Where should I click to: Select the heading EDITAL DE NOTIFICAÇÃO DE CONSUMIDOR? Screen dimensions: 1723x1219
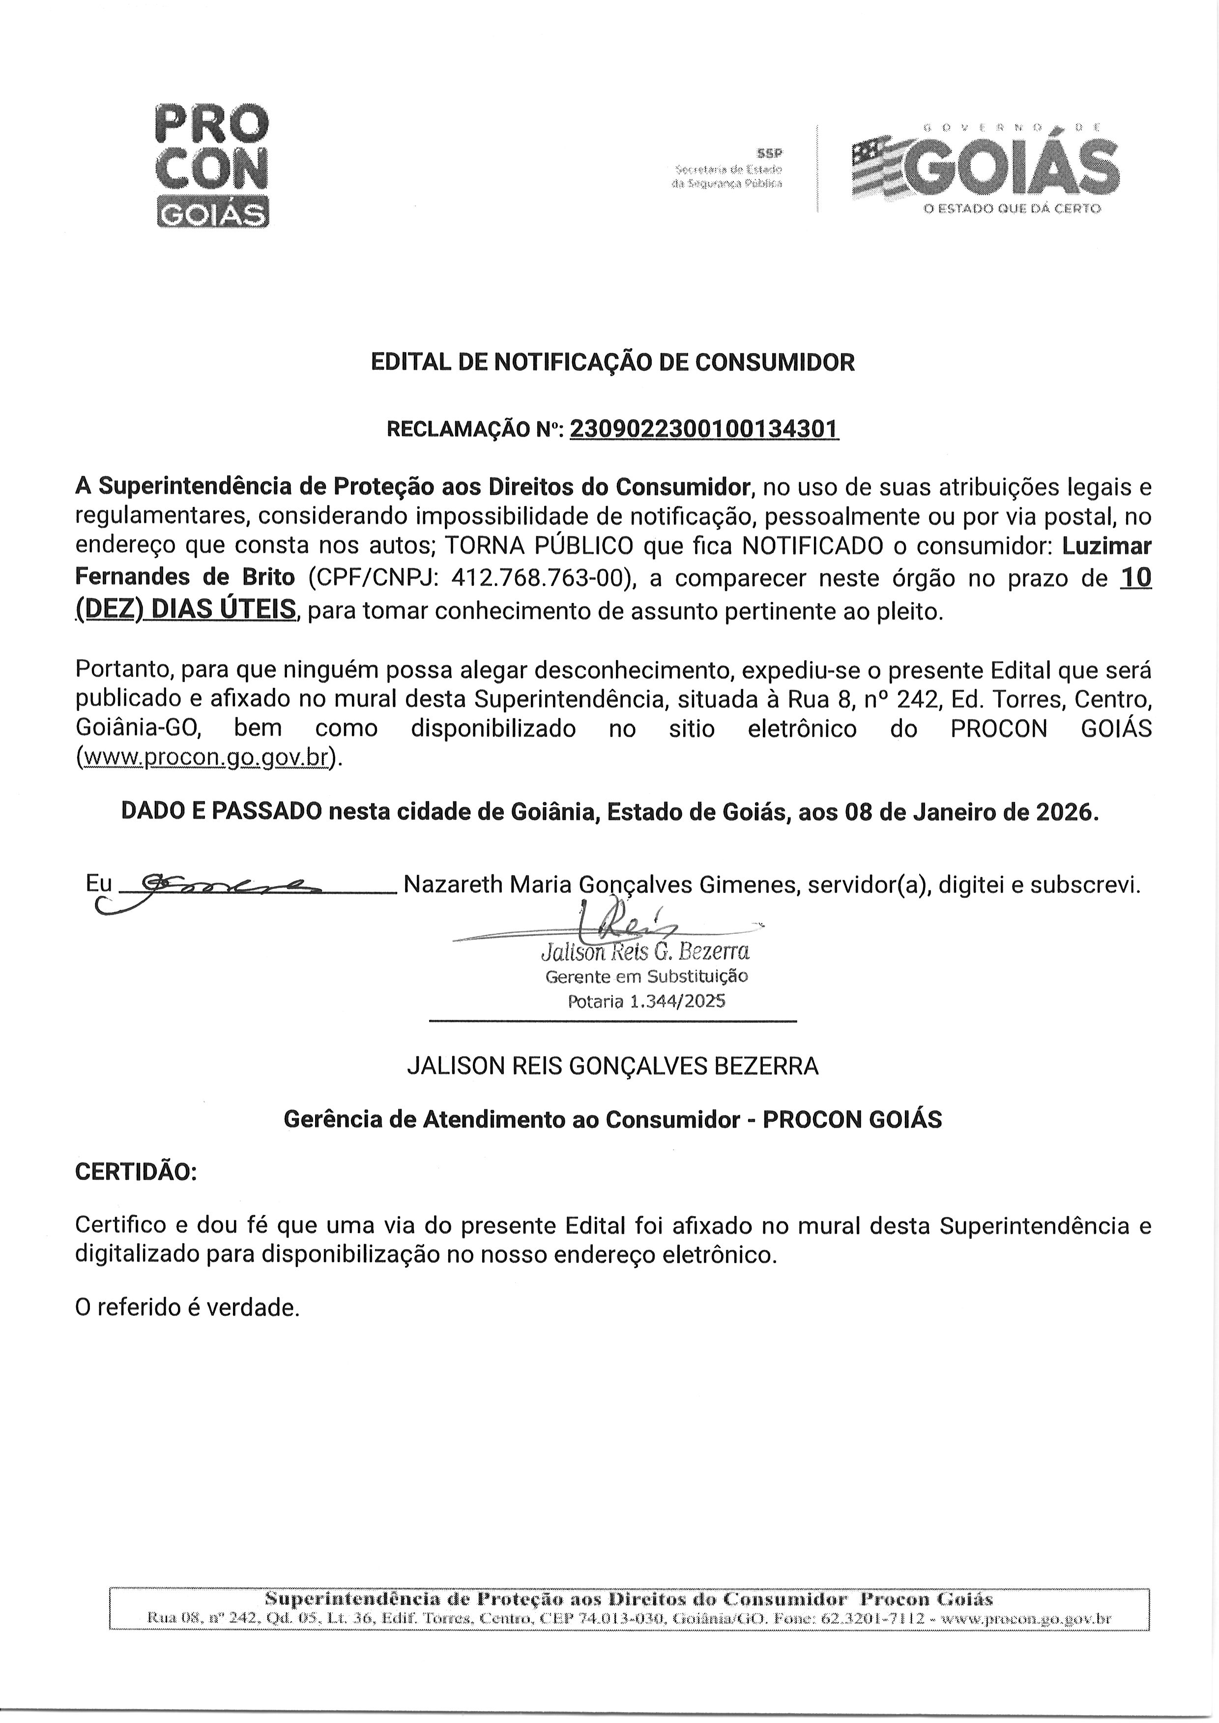click(x=612, y=362)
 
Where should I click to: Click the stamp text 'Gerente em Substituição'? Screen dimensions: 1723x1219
click(x=646, y=977)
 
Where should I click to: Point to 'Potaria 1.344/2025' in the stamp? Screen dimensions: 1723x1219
click(x=646, y=1001)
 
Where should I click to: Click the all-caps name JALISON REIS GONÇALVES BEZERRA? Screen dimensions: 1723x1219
click(x=612, y=1066)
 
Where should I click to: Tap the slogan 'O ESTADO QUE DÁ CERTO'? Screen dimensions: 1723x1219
click(x=1012, y=208)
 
